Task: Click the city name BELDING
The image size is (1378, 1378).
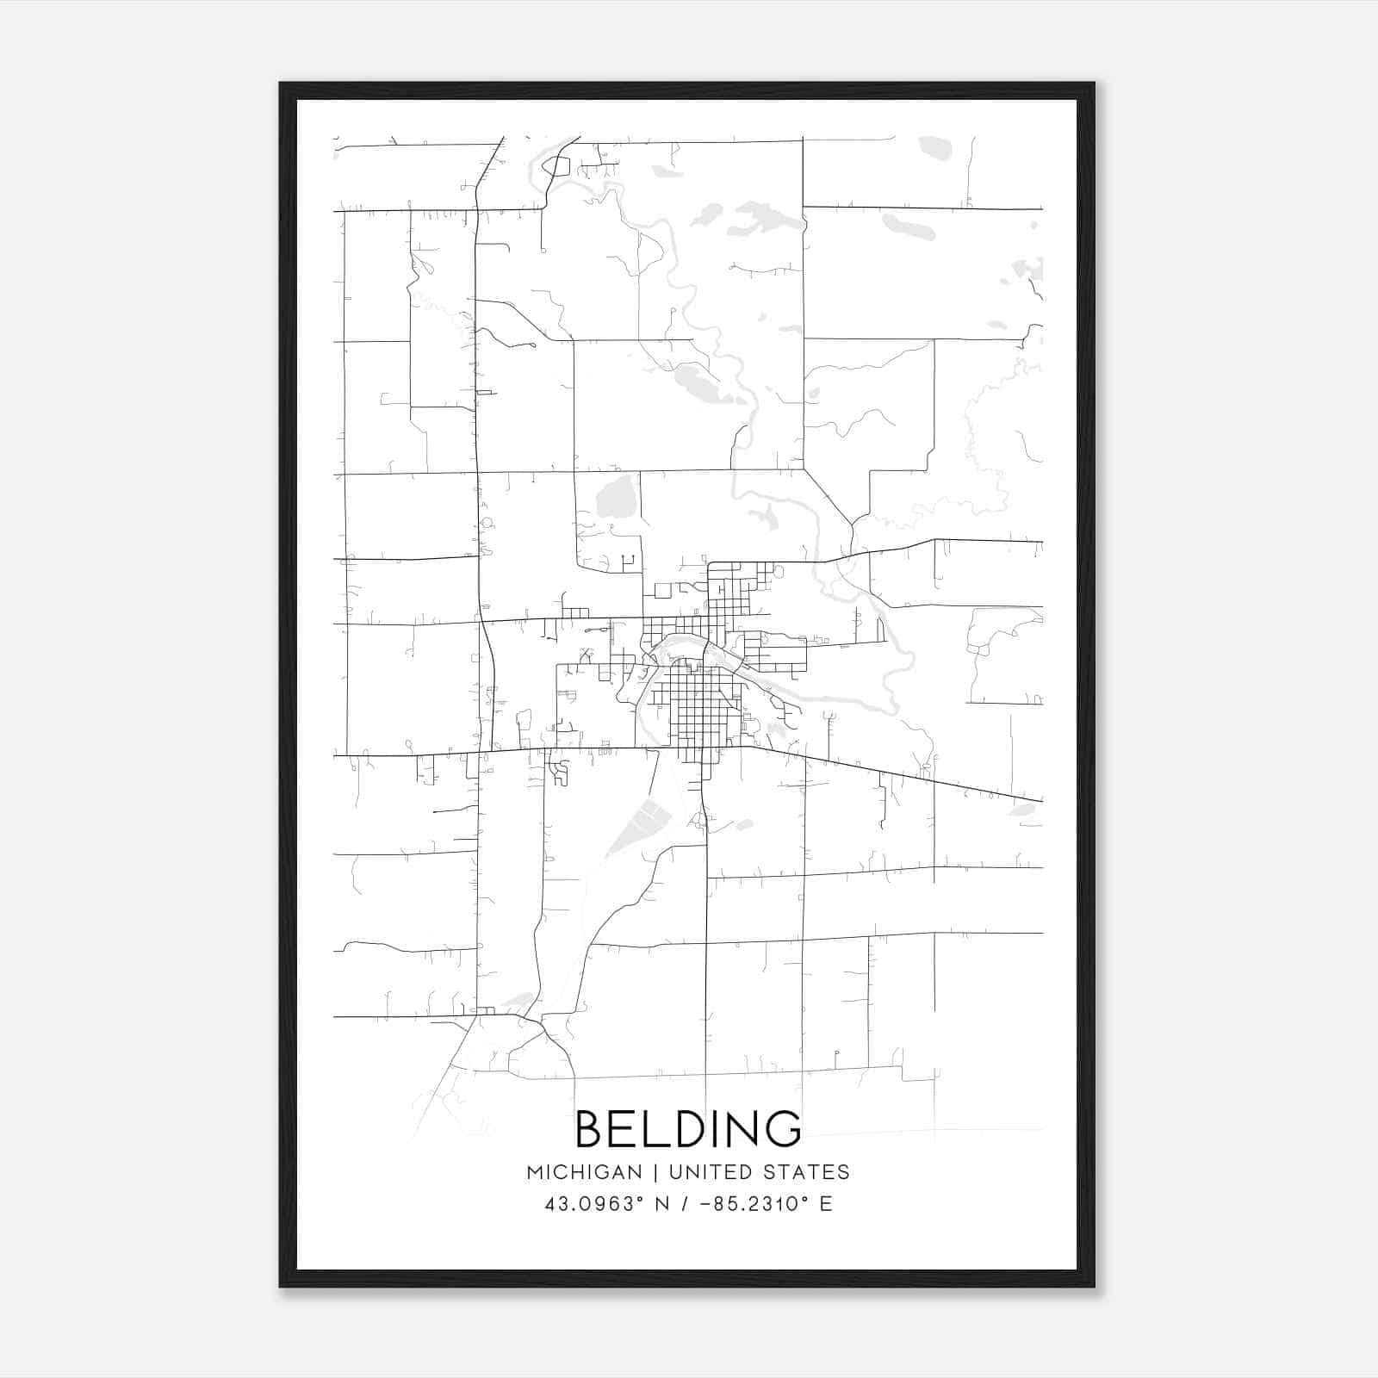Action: pyautogui.click(x=687, y=1129)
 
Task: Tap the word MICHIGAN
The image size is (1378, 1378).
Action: pyautogui.click(x=585, y=1172)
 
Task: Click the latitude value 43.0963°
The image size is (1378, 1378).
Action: pyautogui.click(x=593, y=1204)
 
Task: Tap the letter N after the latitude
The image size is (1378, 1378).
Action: pyautogui.click(x=663, y=1204)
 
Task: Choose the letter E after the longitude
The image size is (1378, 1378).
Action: pyautogui.click(x=826, y=1204)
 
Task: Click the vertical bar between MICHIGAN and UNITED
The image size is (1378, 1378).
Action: pyautogui.click(x=655, y=1172)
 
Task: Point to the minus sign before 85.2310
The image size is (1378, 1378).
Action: pyautogui.click(x=705, y=1204)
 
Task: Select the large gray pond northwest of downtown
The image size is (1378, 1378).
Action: pyautogui.click(x=614, y=497)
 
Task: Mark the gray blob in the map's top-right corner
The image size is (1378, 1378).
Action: pyautogui.click(x=934, y=147)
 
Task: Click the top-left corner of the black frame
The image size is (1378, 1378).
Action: pyautogui.click(x=281, y=84)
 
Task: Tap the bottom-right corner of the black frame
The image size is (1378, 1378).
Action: pyautogui.click(x=1094, y=1286)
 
